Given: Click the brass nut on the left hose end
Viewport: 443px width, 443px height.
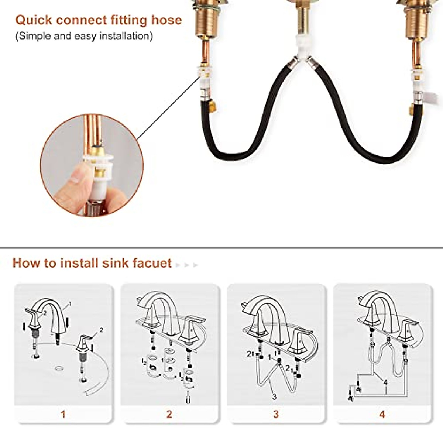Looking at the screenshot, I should pyautogui.click(x=212, y=107).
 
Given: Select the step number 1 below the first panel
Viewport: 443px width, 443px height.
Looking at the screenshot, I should pyautogui.click(x=63, y=414).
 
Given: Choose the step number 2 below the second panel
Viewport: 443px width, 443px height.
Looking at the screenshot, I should pyautogui.click(x=169, y=414).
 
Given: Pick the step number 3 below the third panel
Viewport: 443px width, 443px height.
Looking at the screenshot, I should pyautogui.click(x=276, y=414).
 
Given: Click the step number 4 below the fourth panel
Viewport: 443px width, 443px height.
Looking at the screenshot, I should pyautogui.click(x=382, y=414).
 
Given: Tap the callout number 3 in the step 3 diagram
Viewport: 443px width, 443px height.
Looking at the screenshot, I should pyautogui.click(x=274, y=397).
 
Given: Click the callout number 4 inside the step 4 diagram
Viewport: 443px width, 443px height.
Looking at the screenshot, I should pyautogui.click(x=385, y=382).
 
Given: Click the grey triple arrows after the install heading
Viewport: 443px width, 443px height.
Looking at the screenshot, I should pyautogui.click(x=187, y=265).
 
